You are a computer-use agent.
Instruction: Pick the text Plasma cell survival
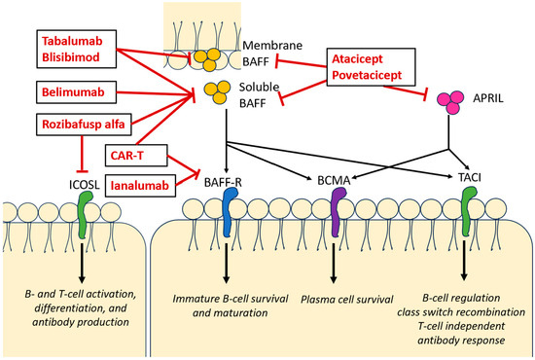coord(345,297)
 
